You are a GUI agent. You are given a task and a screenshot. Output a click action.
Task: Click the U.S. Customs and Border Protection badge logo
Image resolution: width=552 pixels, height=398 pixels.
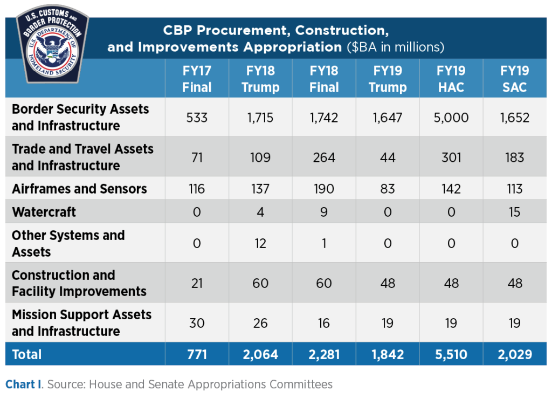53,45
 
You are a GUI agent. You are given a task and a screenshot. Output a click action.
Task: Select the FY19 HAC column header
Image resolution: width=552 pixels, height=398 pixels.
451,79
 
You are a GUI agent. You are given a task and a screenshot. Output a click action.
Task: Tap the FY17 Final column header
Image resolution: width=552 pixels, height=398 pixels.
197,79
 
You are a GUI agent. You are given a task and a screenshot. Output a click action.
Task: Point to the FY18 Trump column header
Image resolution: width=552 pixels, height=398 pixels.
260,79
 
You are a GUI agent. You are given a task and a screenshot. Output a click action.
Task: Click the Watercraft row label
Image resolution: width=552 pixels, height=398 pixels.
44,212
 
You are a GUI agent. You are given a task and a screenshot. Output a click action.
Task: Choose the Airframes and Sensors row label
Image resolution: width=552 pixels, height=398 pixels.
79,189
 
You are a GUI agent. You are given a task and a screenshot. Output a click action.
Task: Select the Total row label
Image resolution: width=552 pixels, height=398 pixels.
27,354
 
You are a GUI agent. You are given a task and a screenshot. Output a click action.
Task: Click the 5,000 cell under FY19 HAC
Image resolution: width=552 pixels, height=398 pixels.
451,117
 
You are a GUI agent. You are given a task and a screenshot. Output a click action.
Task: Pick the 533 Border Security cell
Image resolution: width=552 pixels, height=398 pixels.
197,117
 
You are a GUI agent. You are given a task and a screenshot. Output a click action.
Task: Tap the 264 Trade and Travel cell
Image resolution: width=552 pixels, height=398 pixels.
324,157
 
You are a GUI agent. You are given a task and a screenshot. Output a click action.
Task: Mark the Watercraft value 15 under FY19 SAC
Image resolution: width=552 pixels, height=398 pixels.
515,212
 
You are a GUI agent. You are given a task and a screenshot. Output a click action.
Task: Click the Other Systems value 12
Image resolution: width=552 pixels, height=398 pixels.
260,243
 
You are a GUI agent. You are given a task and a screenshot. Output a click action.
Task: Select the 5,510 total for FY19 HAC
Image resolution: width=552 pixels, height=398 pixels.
451,354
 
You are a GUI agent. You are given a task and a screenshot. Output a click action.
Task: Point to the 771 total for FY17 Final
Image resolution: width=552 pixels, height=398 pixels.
197,354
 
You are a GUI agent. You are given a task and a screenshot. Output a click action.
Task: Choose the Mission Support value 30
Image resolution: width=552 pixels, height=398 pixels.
197,322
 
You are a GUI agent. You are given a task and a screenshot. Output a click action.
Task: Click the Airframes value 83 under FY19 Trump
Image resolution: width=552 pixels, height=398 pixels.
388,189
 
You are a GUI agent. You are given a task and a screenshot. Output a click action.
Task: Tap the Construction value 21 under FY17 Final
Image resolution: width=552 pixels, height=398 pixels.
197,283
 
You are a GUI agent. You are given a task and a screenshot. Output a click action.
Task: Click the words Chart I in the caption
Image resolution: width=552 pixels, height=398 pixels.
25,385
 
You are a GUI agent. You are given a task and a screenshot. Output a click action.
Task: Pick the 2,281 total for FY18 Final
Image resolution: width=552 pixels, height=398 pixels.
324,354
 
